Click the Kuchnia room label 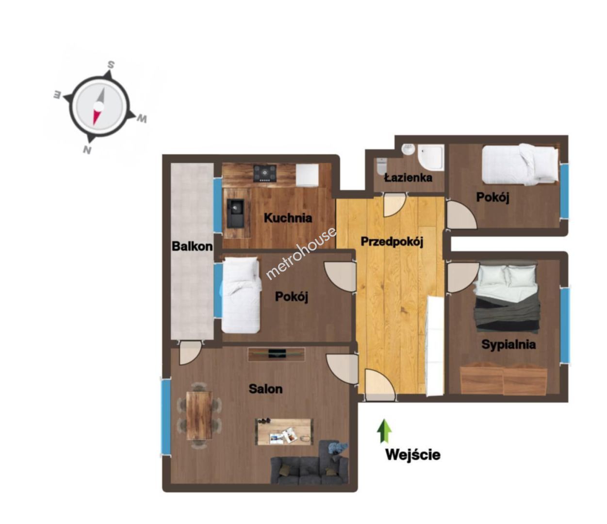point(288,218)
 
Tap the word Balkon point(192,246)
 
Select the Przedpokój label point(392,242)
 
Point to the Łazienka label point(408,178)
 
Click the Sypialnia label point(509,344)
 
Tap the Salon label point(265,389)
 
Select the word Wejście point(412,455)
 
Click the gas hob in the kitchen point(265,173)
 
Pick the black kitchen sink point(235,213)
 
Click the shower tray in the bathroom point(431,157)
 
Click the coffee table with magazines point(284,432)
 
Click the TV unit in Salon point(277,354)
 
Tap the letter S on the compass point(111,65)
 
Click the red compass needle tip point(95,125)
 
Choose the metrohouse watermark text point(301,253)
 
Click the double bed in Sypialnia point(507,297)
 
